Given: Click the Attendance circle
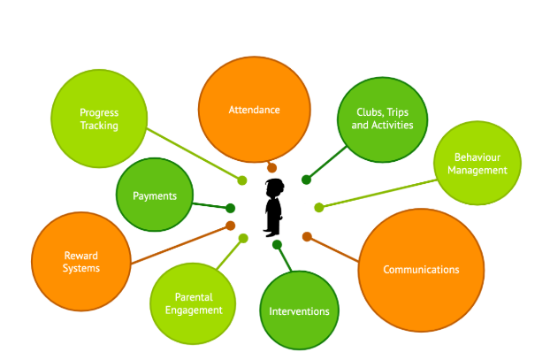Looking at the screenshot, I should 254,110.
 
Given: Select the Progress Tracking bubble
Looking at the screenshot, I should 98,119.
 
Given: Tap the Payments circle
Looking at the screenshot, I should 155,195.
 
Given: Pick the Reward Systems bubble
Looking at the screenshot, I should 80,262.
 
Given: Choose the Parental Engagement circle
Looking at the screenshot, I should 193,303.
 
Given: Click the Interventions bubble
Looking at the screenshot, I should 299,310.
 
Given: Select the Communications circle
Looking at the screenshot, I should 421,269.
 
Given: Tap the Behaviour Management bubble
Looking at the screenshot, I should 477,164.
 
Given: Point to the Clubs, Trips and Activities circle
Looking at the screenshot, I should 382,119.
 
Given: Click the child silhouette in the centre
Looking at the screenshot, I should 274,207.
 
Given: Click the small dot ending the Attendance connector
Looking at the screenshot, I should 271,168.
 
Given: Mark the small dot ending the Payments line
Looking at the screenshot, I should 231,209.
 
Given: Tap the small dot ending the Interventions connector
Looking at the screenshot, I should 277,244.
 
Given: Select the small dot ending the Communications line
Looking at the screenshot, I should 307,236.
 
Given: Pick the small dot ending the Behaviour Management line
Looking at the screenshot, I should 318,208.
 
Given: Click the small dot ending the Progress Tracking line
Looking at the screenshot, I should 241,180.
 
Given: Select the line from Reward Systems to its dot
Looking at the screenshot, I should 181,245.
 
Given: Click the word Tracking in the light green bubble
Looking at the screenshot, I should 98,126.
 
